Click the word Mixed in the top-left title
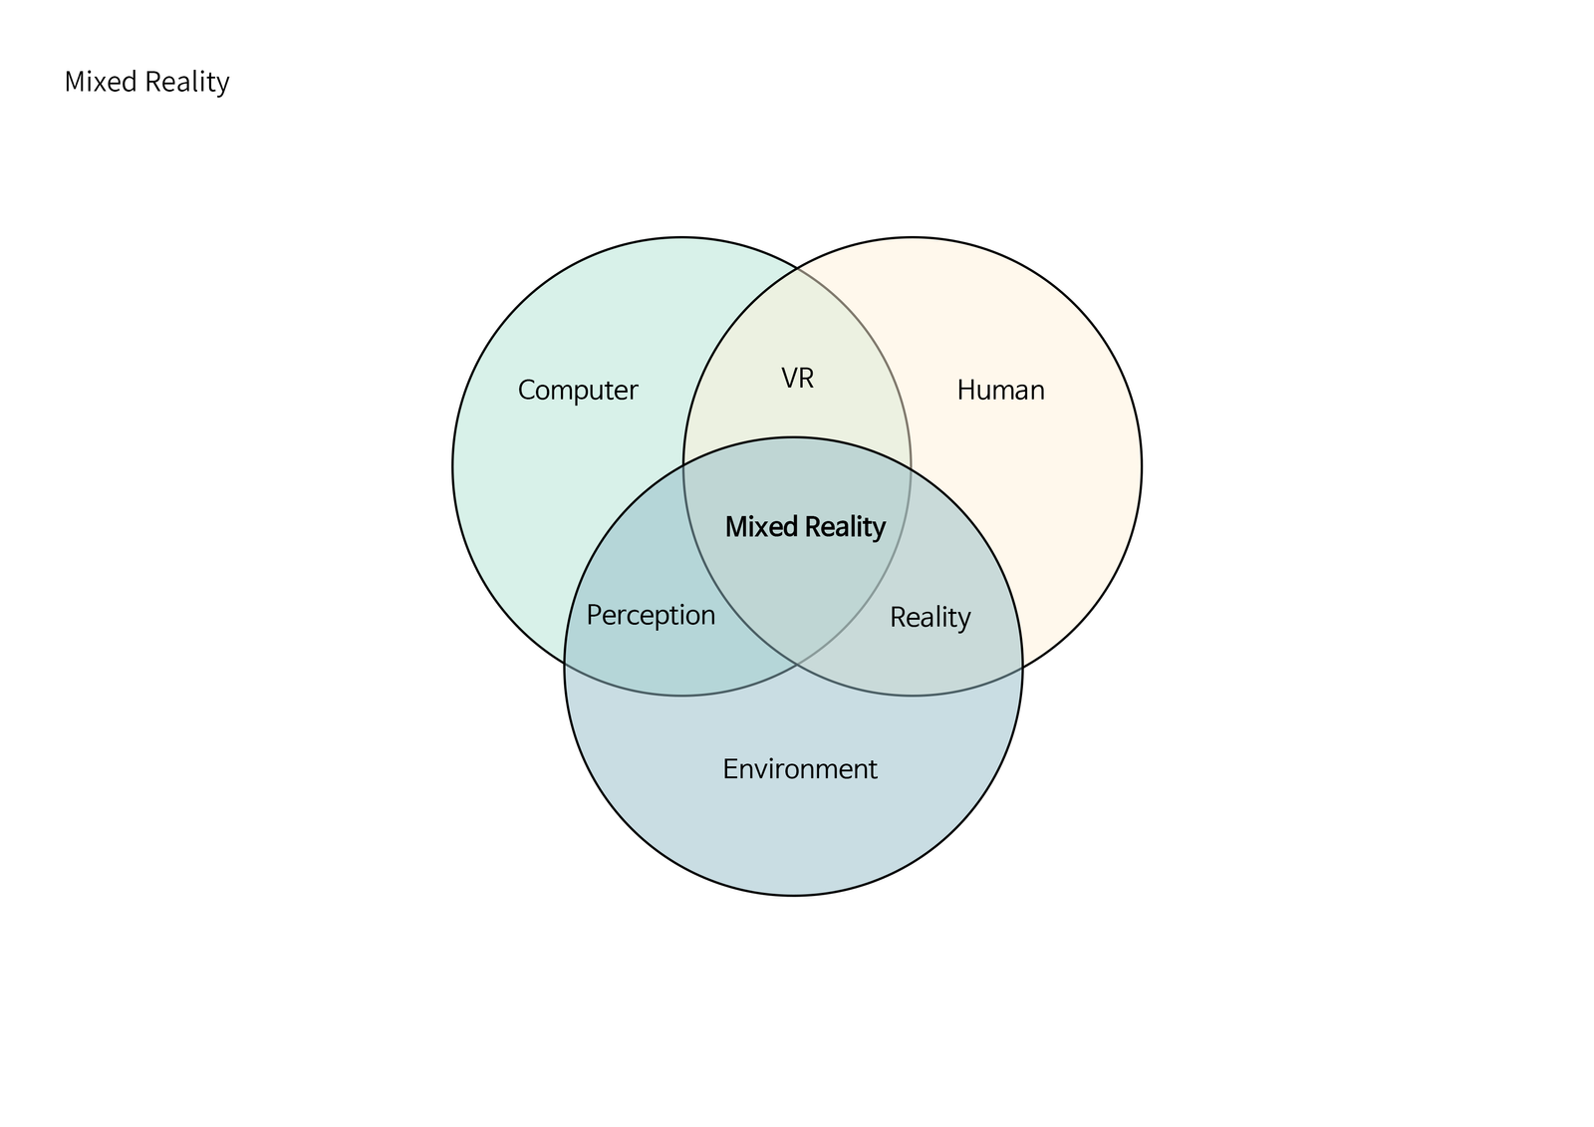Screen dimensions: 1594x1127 [101, 82]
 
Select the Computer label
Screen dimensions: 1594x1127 [578, 391]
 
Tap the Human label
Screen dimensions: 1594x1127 [1000, 391]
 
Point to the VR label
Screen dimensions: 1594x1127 [798, 378]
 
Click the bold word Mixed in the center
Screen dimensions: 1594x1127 [761, 527]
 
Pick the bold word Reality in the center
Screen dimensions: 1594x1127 [846, 528]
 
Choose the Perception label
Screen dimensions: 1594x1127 [651, 616]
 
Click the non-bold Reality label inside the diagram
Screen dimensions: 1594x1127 [930, 618]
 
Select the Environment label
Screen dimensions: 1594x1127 [800, 769]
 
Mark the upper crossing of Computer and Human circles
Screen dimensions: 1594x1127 [797, 269]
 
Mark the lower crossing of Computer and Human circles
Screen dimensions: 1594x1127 [797, 665]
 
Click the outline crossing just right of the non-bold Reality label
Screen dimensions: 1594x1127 [1022, 667]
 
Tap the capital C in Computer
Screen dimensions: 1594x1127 [527, 391]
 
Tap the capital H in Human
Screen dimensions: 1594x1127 [967, 391]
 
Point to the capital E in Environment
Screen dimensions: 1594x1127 [730, 769]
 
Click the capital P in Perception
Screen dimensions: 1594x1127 [594, 615]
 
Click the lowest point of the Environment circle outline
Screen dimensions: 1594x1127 [793, 896]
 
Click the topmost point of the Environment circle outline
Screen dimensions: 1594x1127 [793, 437]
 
